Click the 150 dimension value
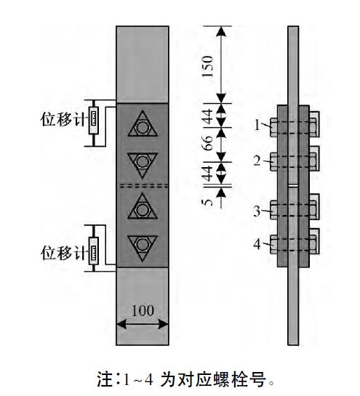[208, 66]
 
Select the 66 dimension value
[208, 143]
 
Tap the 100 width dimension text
[143, 311]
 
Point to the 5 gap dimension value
[208, 202]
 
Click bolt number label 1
[257, 125]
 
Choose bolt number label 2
[257, 161]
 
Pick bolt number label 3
[257, 211]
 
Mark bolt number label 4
[257, 244]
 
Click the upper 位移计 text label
[64, 119]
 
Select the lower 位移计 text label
[64, 253]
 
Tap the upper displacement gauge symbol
[94, 120]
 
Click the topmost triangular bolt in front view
[143, 125]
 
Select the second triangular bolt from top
[143, 163]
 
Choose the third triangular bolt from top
[143, 208]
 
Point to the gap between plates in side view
[293, 185]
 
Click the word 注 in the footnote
[105, 379]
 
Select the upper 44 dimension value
[208, 116]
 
